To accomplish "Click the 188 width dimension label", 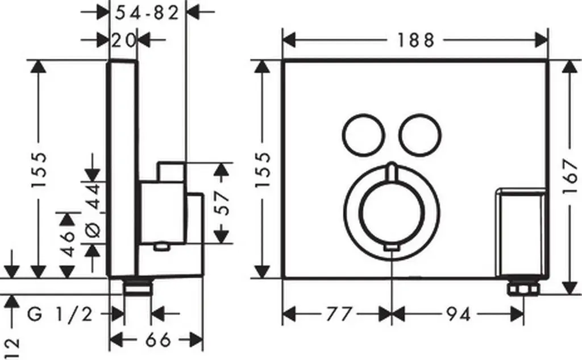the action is (x=415, y=40).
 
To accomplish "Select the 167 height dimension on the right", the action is (x=571, y=176).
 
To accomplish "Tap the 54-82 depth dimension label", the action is (x=147, y=14).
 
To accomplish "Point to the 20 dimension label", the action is (x=123, y=40).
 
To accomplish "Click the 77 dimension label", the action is (x=339, y=315).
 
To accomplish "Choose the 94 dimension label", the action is (x=458, y=315).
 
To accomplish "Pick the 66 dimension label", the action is (x=158, y=340).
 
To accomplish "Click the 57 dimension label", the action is (x=222, y=203).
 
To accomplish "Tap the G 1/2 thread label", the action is (x=60, y=315).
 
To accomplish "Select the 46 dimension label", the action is (x=68, y=244).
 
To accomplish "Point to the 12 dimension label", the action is (x=13, y=349).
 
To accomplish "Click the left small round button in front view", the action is (x=363, y=134).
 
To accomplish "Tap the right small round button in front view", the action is (x=421, y=134).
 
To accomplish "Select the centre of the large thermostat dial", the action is (x=392, y=216).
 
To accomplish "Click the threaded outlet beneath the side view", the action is (x=138, y=287).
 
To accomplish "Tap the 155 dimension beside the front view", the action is (x=264, y=169).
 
